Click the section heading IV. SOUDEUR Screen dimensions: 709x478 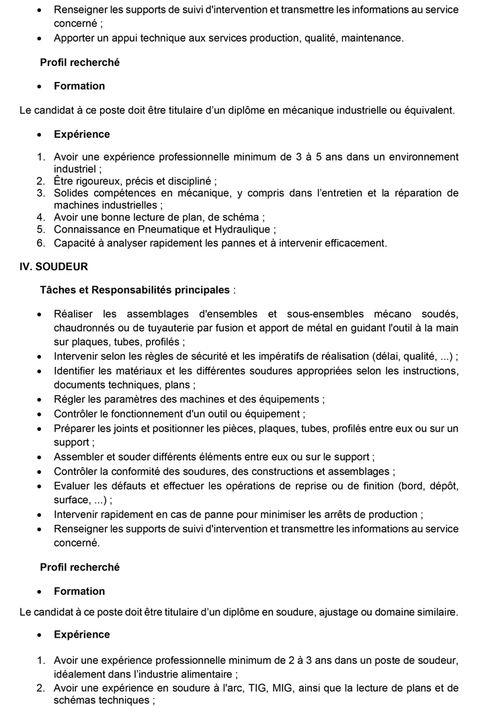click(x=54, y=266)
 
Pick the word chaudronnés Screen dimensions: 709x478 click(x=83, y=327)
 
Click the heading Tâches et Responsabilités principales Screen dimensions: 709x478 click(x=134, y=290)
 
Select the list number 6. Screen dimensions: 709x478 click(x=40, y=243)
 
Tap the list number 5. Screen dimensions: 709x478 click(x=40, y=229)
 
